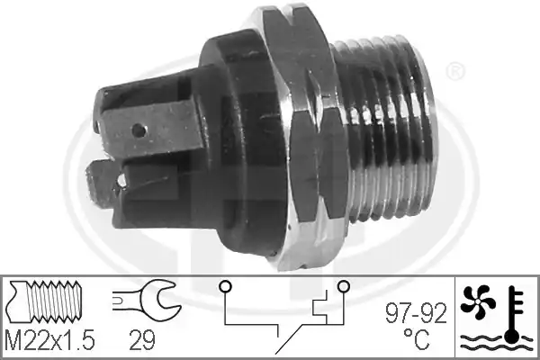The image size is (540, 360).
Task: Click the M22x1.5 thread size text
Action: point(50,339)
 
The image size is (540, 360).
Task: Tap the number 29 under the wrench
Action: point(142,339)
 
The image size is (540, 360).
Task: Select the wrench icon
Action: point(147,297)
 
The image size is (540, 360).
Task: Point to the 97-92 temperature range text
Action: point(416,313)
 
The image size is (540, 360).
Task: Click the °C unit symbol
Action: point(416,339)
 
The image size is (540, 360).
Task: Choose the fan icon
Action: point(478,301)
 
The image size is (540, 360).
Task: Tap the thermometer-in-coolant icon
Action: point(514,316)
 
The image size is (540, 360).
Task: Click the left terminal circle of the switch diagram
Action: point(226,286)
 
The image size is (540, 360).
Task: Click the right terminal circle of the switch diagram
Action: point(344,286)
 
